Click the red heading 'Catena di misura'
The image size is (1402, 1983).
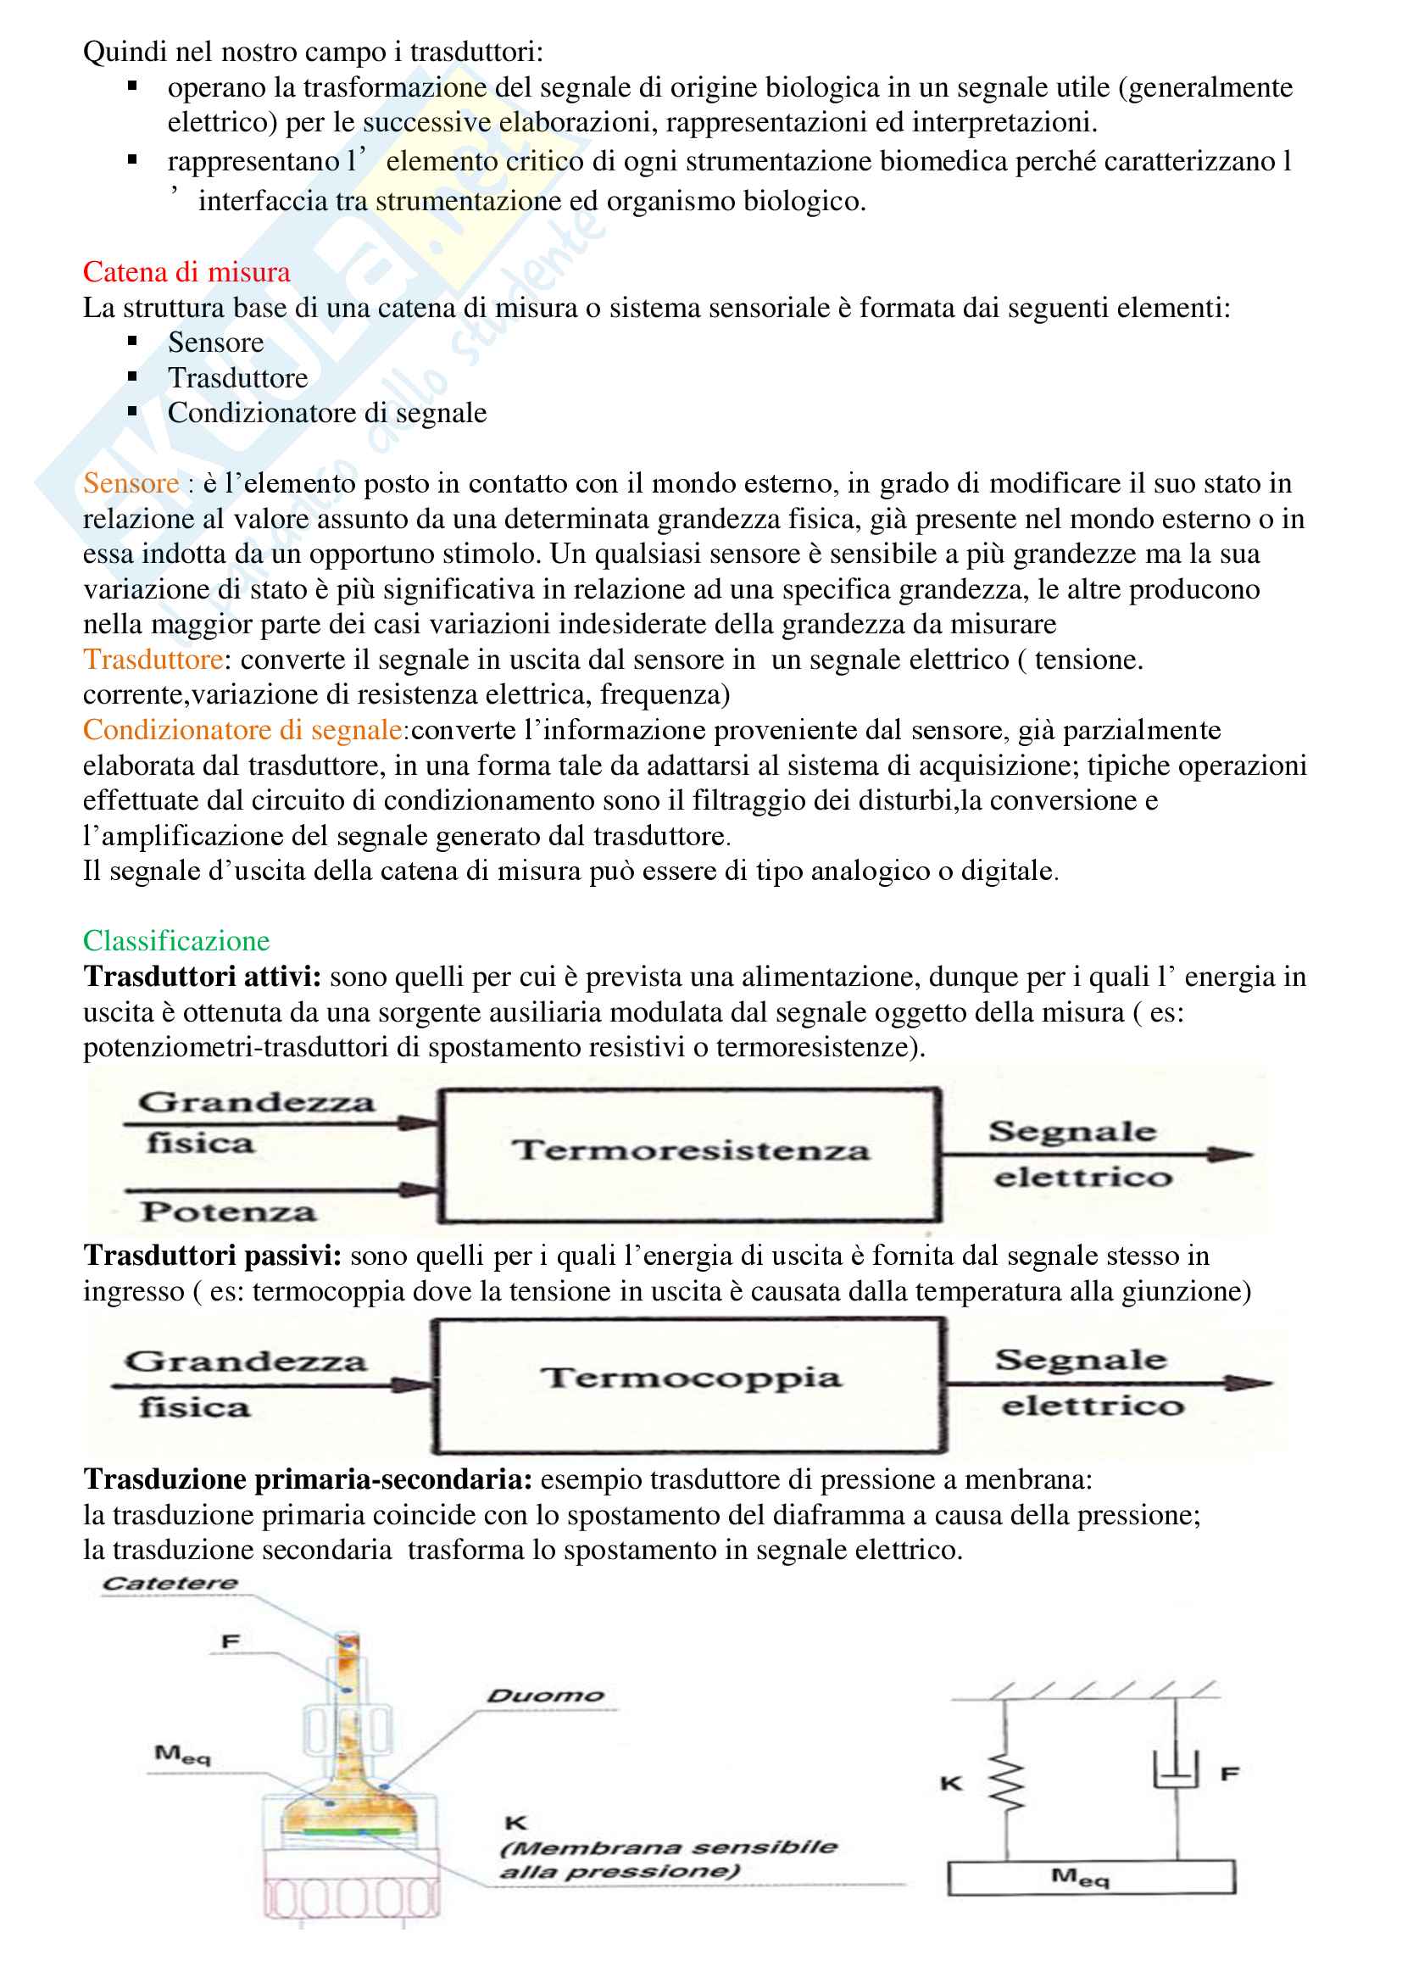[186, 272]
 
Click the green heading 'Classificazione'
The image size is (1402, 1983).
[176, 940]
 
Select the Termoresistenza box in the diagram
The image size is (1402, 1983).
[690, 1155]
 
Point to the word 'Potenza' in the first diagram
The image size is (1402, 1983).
[229, 1212]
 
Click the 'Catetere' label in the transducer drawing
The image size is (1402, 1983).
[170, 1583]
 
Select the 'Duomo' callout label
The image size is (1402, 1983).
[545, 1696]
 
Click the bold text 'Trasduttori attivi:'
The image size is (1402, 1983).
[202, 977]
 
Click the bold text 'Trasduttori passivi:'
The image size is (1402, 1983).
[213, 1256]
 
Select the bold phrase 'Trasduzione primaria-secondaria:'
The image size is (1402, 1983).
[308, 1479]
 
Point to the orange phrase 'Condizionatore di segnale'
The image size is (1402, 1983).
[242, 730]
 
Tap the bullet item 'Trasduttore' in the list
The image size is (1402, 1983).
[237, 378]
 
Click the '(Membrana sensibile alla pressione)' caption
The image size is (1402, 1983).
[667, 1859]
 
